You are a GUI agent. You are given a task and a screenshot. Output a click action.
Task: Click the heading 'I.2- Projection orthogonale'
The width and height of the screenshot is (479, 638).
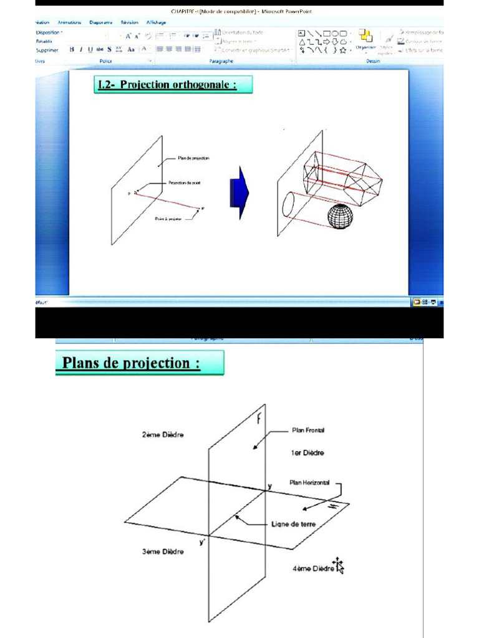coord(173,85)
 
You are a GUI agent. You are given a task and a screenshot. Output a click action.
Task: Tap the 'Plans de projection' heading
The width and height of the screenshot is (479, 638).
coord(139,363)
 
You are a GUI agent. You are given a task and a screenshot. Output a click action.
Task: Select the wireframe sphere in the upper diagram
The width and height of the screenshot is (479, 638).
coord(340,216)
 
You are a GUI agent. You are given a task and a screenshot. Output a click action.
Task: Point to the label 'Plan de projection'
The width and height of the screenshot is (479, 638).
coord(193,158)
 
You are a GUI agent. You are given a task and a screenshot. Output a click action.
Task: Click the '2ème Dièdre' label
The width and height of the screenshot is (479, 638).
coord(163,435)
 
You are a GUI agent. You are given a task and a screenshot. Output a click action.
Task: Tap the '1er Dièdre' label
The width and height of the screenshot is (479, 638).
coord(307,453)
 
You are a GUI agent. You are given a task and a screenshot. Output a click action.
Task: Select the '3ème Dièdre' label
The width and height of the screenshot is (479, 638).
coord(163,552)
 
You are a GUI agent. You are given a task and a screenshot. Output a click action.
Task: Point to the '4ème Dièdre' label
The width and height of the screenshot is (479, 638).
coord(313,569)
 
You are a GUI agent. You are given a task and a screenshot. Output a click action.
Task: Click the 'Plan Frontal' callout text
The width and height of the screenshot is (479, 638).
coord(308,430)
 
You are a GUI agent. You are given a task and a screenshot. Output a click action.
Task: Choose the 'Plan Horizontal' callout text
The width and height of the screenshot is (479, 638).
coord(310,482)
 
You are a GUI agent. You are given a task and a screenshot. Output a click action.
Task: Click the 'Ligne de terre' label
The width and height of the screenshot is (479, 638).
coord(294,524)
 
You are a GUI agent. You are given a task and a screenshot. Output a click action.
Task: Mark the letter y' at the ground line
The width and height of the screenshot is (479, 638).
coord(202,543)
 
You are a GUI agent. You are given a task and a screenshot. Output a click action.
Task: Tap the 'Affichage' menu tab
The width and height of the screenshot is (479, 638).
coord(156,22)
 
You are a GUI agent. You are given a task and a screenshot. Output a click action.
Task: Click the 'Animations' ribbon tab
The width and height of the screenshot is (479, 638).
coord(69,22)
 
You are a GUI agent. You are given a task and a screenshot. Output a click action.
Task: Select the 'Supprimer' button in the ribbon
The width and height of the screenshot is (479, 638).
coord(47,50)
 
